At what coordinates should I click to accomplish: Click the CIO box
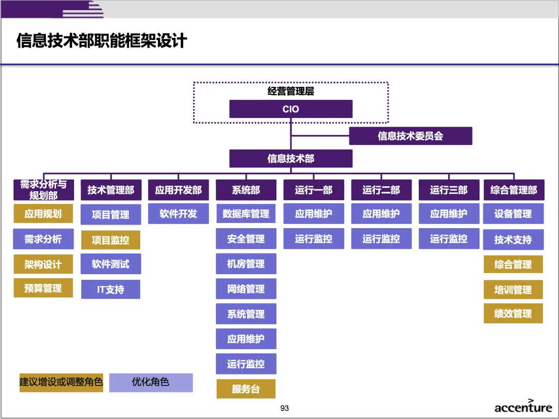pos(291,109)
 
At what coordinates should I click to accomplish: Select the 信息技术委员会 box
pos(410,136)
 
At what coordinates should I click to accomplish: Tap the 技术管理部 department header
pos(111,190)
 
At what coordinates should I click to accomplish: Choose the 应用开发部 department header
pos(178,190)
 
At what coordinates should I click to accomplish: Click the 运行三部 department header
pos(448,190)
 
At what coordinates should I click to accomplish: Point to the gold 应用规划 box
pos(43,214)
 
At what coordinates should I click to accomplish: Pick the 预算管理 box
pos(43,288)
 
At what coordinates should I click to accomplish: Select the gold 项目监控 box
pos(111,240)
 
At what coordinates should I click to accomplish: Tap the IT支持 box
pos(111,290)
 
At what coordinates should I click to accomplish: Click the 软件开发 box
pos(178,214)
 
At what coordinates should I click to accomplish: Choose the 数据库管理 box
pos(246,214)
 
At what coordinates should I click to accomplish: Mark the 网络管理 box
pos(246,289)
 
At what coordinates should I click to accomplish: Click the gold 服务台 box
pos(246,389)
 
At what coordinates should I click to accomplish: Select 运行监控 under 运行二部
pos(381,239)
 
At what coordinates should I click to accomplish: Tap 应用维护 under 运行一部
pos(314,214)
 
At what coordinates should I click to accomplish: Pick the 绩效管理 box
pos(513,313)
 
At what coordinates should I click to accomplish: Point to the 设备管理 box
pos(513,214)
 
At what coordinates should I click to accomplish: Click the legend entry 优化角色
pos(151,383)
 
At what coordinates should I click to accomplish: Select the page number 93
pos(285,408)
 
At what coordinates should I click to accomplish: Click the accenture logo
pos(523,407)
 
